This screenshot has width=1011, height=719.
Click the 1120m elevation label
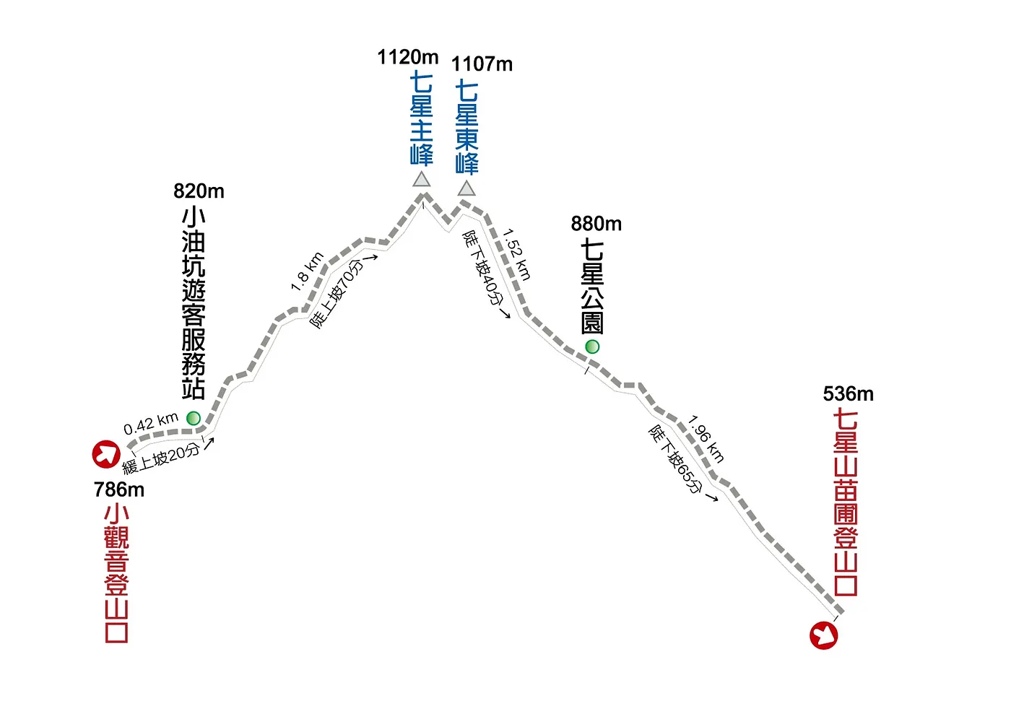point(407,57)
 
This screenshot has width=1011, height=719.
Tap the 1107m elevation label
point(482,64)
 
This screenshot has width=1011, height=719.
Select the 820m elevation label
point(199,191)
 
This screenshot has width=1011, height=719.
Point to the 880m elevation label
point(596,224)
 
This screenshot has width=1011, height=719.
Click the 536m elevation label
point(848,394)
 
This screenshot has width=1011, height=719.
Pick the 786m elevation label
point(119,489)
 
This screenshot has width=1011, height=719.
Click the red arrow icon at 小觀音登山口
point(106,454)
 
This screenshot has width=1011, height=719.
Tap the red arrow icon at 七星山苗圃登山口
point(823,635)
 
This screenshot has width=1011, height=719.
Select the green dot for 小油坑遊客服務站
point(193,418)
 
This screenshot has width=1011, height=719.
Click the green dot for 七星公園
point(592,347)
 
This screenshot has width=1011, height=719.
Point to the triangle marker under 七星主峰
point(422,179)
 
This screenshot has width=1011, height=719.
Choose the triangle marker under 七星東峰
point(467,188)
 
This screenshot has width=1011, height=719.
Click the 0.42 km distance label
point(151,424)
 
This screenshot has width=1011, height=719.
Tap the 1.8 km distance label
point(307,271)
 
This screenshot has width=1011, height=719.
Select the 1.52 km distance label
point(517,254)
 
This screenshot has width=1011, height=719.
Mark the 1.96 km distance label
point(706,438)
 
